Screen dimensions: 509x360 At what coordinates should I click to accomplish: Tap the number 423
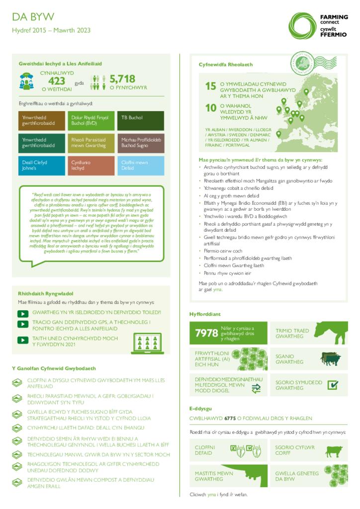tap(57, 81)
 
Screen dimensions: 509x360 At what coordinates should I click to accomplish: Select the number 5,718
tap(122, 79)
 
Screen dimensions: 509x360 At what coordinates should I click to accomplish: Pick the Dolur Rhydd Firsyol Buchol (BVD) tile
tap(91, 120)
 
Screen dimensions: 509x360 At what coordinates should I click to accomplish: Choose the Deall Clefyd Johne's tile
tap(42, 166)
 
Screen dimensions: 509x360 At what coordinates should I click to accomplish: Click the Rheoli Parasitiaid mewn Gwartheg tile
tap(91, 143)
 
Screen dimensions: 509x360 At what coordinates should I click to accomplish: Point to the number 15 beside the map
tap(210, 86)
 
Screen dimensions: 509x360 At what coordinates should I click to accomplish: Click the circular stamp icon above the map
tap(305, 63)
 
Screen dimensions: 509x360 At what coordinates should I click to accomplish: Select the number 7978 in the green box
tap(206, 333)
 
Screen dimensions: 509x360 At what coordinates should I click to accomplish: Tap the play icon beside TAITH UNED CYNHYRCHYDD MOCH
tap(23, 340)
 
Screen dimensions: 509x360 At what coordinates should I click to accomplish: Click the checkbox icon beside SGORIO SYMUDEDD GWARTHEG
tap(333, 385)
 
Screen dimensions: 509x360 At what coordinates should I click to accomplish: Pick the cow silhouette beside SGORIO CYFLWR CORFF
tap(333, 451)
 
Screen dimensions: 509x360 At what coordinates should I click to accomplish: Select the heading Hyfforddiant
tap(205, 314)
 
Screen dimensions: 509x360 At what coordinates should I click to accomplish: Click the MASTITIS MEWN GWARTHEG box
tap(228, 476)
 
